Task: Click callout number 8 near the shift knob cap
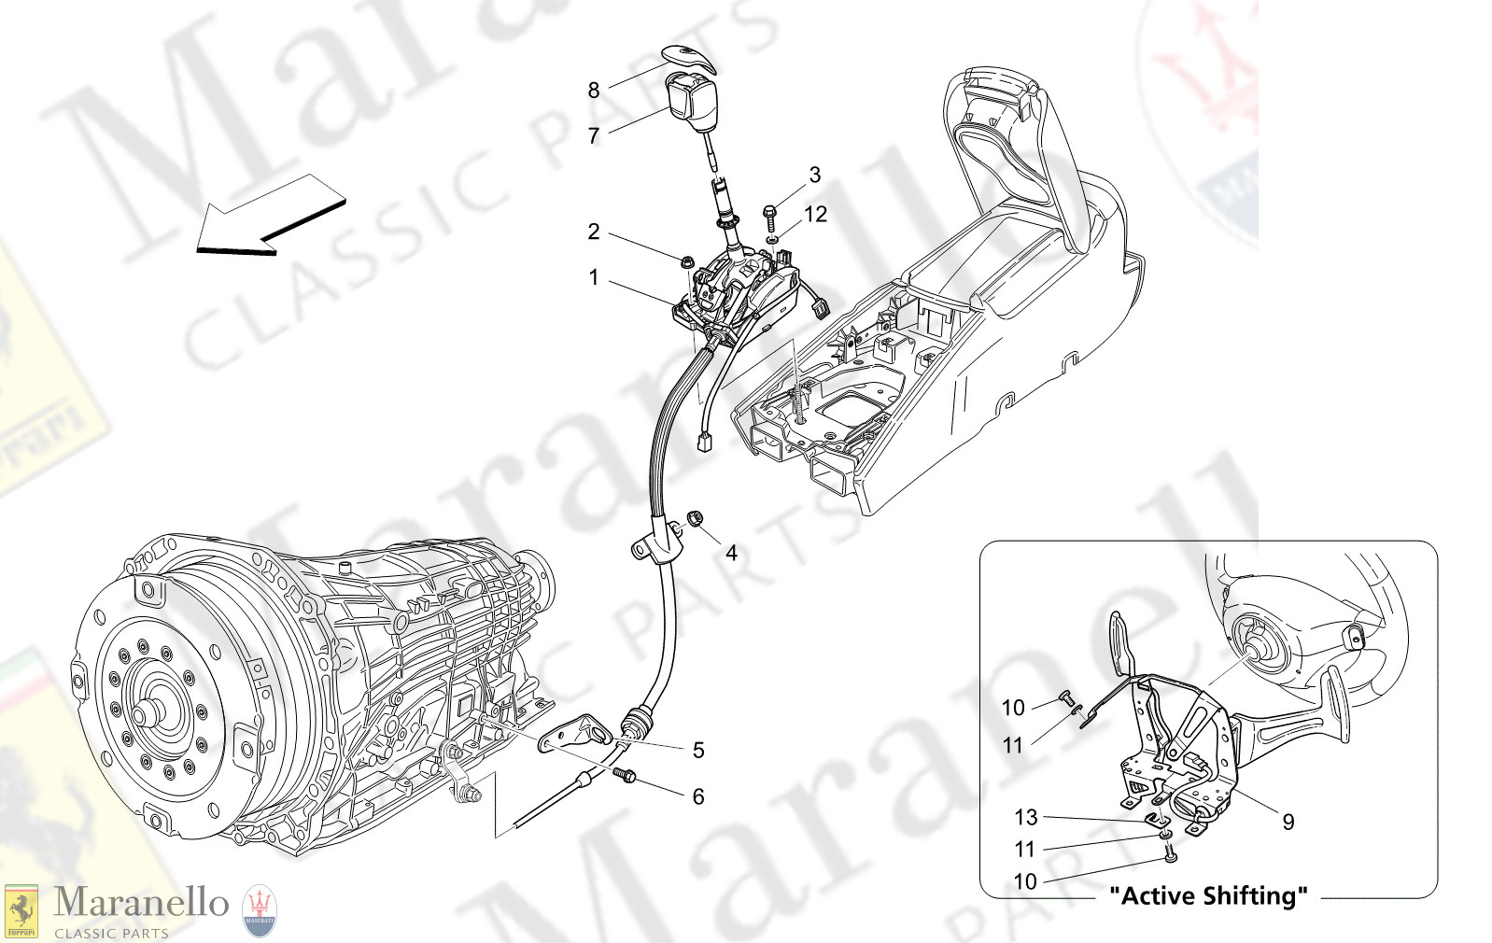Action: pos(593,91)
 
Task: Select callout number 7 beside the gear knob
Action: pos(593,136)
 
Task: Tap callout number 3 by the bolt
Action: pos(814,175)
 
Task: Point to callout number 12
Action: pos(815,215)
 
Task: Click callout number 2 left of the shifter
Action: pos(593,232)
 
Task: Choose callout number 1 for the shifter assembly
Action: pos(593,277)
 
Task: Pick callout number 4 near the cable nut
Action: pos(731,553)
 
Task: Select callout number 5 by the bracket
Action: pos(697,750)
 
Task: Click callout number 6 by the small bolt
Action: pos(697,796)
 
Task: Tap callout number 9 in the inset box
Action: pos(1288,822)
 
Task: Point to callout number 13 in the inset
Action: pos(1025,818)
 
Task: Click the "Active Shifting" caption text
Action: pos(1208,896)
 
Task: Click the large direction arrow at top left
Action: pos(271,218)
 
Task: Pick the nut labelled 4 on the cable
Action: pos(696,518)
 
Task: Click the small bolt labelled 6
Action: pos(626,774)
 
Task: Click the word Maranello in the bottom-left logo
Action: pos(140,903)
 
